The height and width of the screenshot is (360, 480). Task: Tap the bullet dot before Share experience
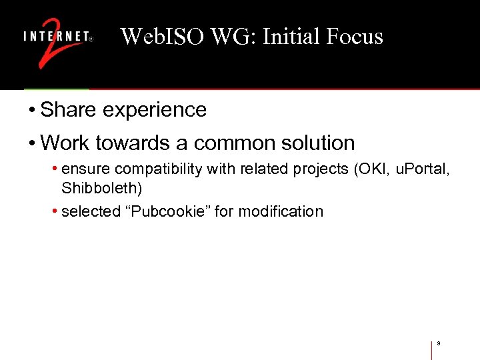coord(32,110)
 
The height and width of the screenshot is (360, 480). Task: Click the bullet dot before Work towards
coord(32,143)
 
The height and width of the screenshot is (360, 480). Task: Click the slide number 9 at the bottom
coord(439,343)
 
